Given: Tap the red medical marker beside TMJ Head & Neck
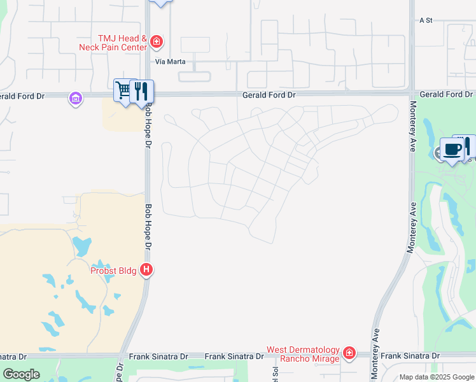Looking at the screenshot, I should coord(157,43).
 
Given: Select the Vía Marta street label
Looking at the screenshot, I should coord(169,62).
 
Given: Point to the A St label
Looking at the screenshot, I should coord(426,20).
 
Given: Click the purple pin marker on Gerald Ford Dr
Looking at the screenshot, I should coord(76,99).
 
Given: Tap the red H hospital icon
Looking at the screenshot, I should coord(146,270).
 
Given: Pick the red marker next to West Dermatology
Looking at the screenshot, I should coord(349,353).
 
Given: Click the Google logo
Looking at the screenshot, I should coord(21,374).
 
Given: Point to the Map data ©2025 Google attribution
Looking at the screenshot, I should coord(436,377).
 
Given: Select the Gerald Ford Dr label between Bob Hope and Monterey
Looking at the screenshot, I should coord(269,95).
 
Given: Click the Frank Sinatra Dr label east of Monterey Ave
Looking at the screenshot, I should coord(410,355).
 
